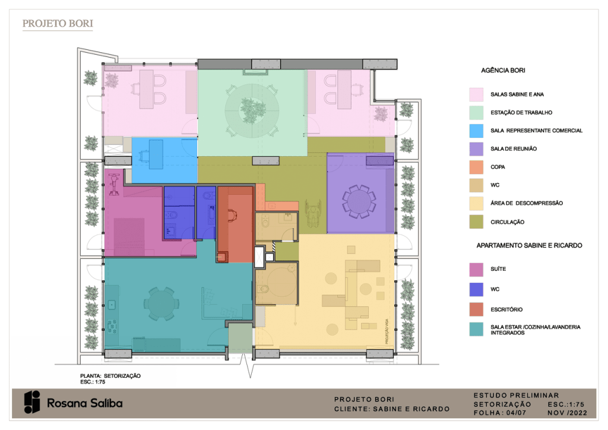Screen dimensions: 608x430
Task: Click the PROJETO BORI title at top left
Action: tap(58, 24)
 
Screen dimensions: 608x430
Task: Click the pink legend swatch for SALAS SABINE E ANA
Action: tap(476, 94)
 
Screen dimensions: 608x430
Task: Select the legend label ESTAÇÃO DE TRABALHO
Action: tap(521, 112)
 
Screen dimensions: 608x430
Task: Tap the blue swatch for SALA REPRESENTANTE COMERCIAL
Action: tap(476, 131)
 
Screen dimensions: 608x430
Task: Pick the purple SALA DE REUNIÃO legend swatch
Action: tap(476, 149)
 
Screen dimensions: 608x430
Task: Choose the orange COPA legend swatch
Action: tap(476, 167)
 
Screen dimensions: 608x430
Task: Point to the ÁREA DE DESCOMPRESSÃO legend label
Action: tap(526, 203)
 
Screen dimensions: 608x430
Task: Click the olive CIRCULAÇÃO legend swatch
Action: tap(476, 222)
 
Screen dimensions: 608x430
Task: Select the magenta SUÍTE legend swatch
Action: tap(476, 270)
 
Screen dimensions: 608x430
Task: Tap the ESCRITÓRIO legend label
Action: tap(506, 309)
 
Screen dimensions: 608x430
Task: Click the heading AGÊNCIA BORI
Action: tap(503, 70)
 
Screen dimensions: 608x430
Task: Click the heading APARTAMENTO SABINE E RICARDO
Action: tap(529, 245)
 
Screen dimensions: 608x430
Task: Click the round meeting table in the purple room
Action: tap(359, 201)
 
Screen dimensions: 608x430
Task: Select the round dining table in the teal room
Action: tap(159, 303)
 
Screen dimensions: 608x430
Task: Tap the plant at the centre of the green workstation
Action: tap(252, 109)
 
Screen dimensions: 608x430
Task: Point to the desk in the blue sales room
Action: tap(156, 154)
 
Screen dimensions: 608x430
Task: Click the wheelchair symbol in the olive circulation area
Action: tap(312, 213)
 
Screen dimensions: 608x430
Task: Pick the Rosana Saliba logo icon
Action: tap(32, 402)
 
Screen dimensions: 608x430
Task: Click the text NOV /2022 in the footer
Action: tap(567, 413)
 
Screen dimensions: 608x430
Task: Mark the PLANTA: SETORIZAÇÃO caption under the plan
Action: tap(110, 376)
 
